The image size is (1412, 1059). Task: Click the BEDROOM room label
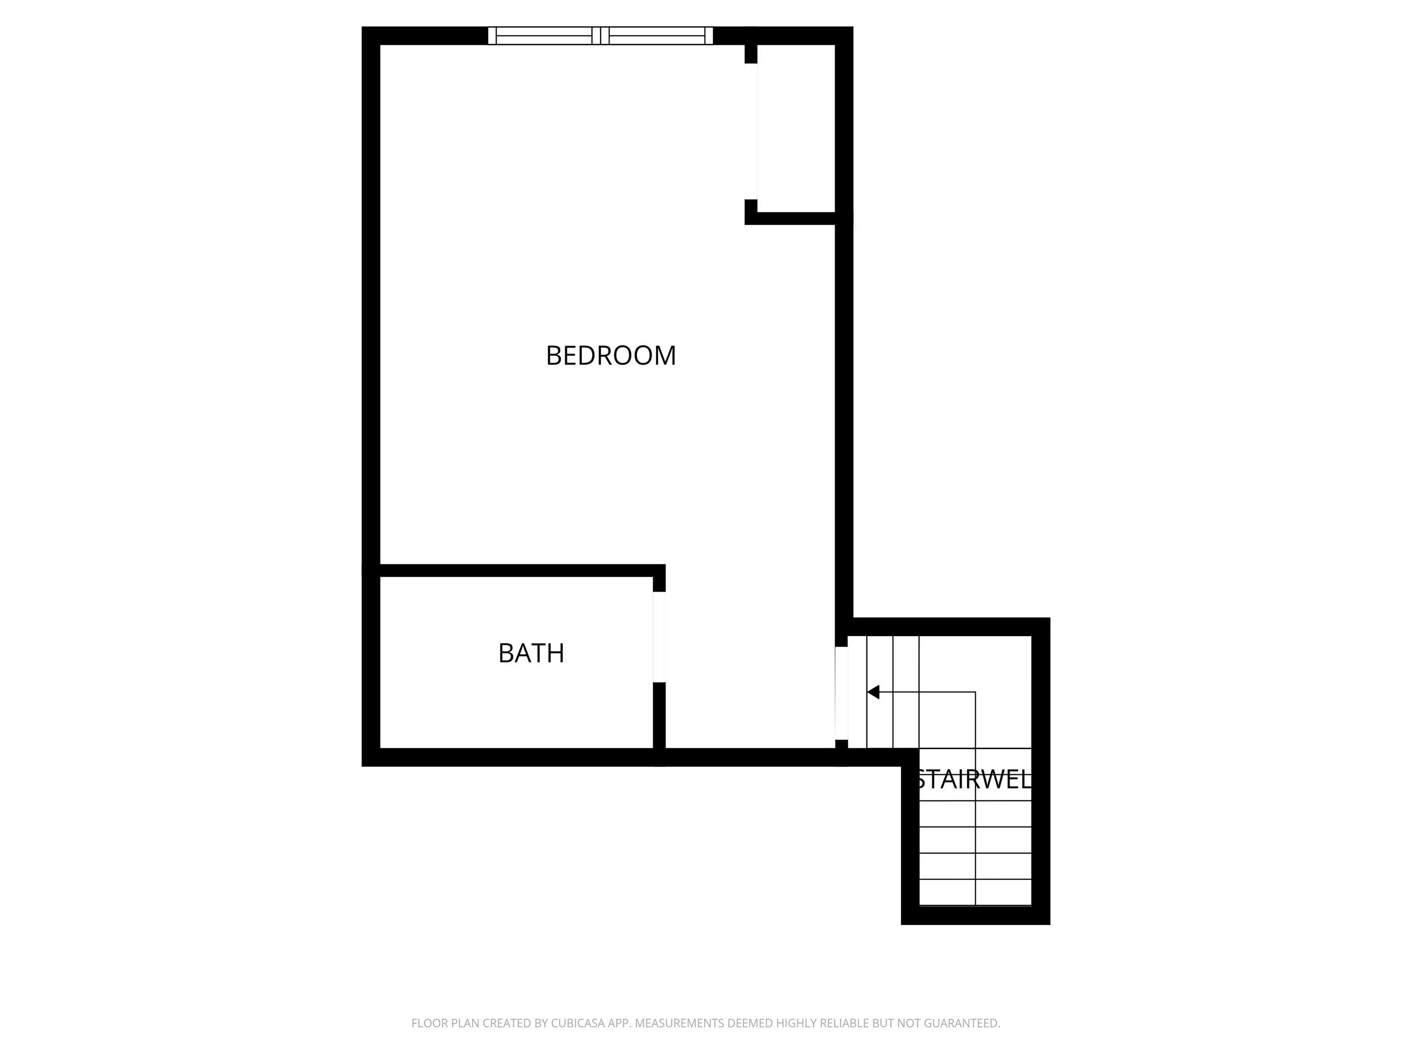tap(611, 356)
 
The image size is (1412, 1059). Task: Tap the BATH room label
tap(531, 653)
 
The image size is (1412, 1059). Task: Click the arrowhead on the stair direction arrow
tap(872, 692)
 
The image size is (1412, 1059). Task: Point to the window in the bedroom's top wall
tap(600, 36)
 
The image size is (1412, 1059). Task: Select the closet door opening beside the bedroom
tap(751, 131)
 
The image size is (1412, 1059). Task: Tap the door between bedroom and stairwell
tap(841, 693)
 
